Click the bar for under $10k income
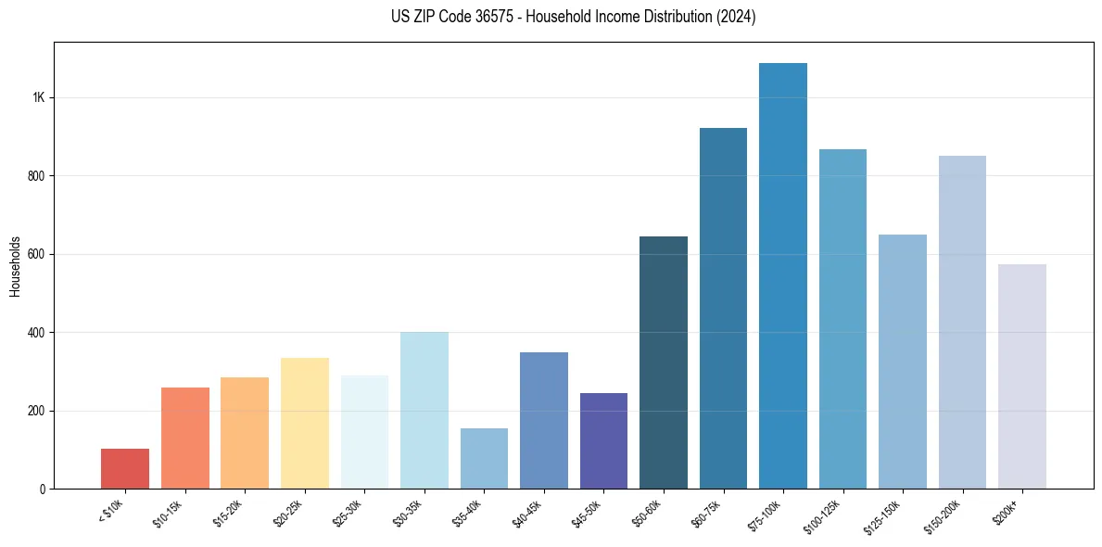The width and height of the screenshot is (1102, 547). click(x=125, y=468)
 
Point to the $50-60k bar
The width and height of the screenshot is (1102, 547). click(x=663, y=362)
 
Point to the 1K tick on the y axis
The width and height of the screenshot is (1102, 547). click(x=39, y=97)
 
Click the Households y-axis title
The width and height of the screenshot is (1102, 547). click(x=15, y=265)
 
